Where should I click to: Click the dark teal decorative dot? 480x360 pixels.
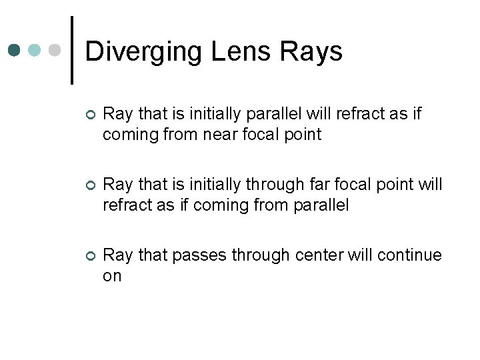[15, 50]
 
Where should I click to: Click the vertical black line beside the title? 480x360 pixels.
[71, 50]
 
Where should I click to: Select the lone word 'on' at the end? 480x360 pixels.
[112, 275]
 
